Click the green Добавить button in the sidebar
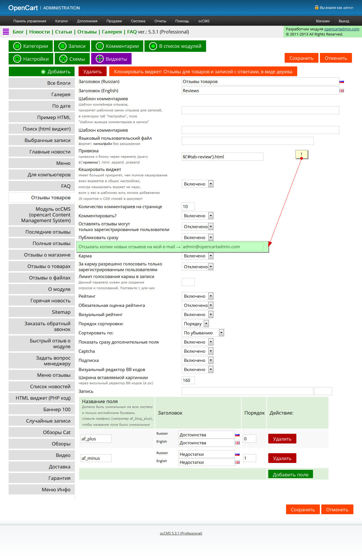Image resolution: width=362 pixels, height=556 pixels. [x=42, y=72]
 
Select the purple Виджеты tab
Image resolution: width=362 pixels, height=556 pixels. [x=111, y=59]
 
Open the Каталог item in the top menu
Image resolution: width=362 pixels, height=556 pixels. [x=62, y=21]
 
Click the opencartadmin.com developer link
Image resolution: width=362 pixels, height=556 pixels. [x=342, y=29]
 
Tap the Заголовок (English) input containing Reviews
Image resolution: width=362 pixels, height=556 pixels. [x=260, y=91]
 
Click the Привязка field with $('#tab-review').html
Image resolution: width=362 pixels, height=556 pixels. [x=222, y=157]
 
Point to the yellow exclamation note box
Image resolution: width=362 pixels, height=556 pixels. [x=302, y=154]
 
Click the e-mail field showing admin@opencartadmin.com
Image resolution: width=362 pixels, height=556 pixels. [x=222, y=247]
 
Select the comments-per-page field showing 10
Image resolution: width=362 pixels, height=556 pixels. [x=188, y=207]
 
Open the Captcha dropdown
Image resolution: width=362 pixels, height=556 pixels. [x=197, y=351]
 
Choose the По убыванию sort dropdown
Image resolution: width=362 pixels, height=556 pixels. [x=203, y=333]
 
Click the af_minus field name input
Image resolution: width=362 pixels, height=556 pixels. [x=96, y=458]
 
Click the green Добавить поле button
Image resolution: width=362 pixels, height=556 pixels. [x=290, y=475]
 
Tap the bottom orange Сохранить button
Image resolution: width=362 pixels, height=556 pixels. [x=303, y=510]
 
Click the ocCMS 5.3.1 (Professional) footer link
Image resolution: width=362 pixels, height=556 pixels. [x=181, y=533]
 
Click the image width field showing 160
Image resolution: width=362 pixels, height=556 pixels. [x=188, y=380]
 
